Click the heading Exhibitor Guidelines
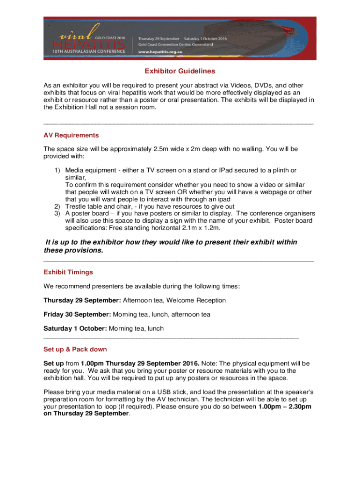[x=180, y=72]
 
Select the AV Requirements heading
[x=71, y=135]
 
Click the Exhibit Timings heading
[x=68, y=272]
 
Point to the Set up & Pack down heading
[x=75, y=349]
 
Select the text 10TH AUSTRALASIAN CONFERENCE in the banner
[x=89, y=51]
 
